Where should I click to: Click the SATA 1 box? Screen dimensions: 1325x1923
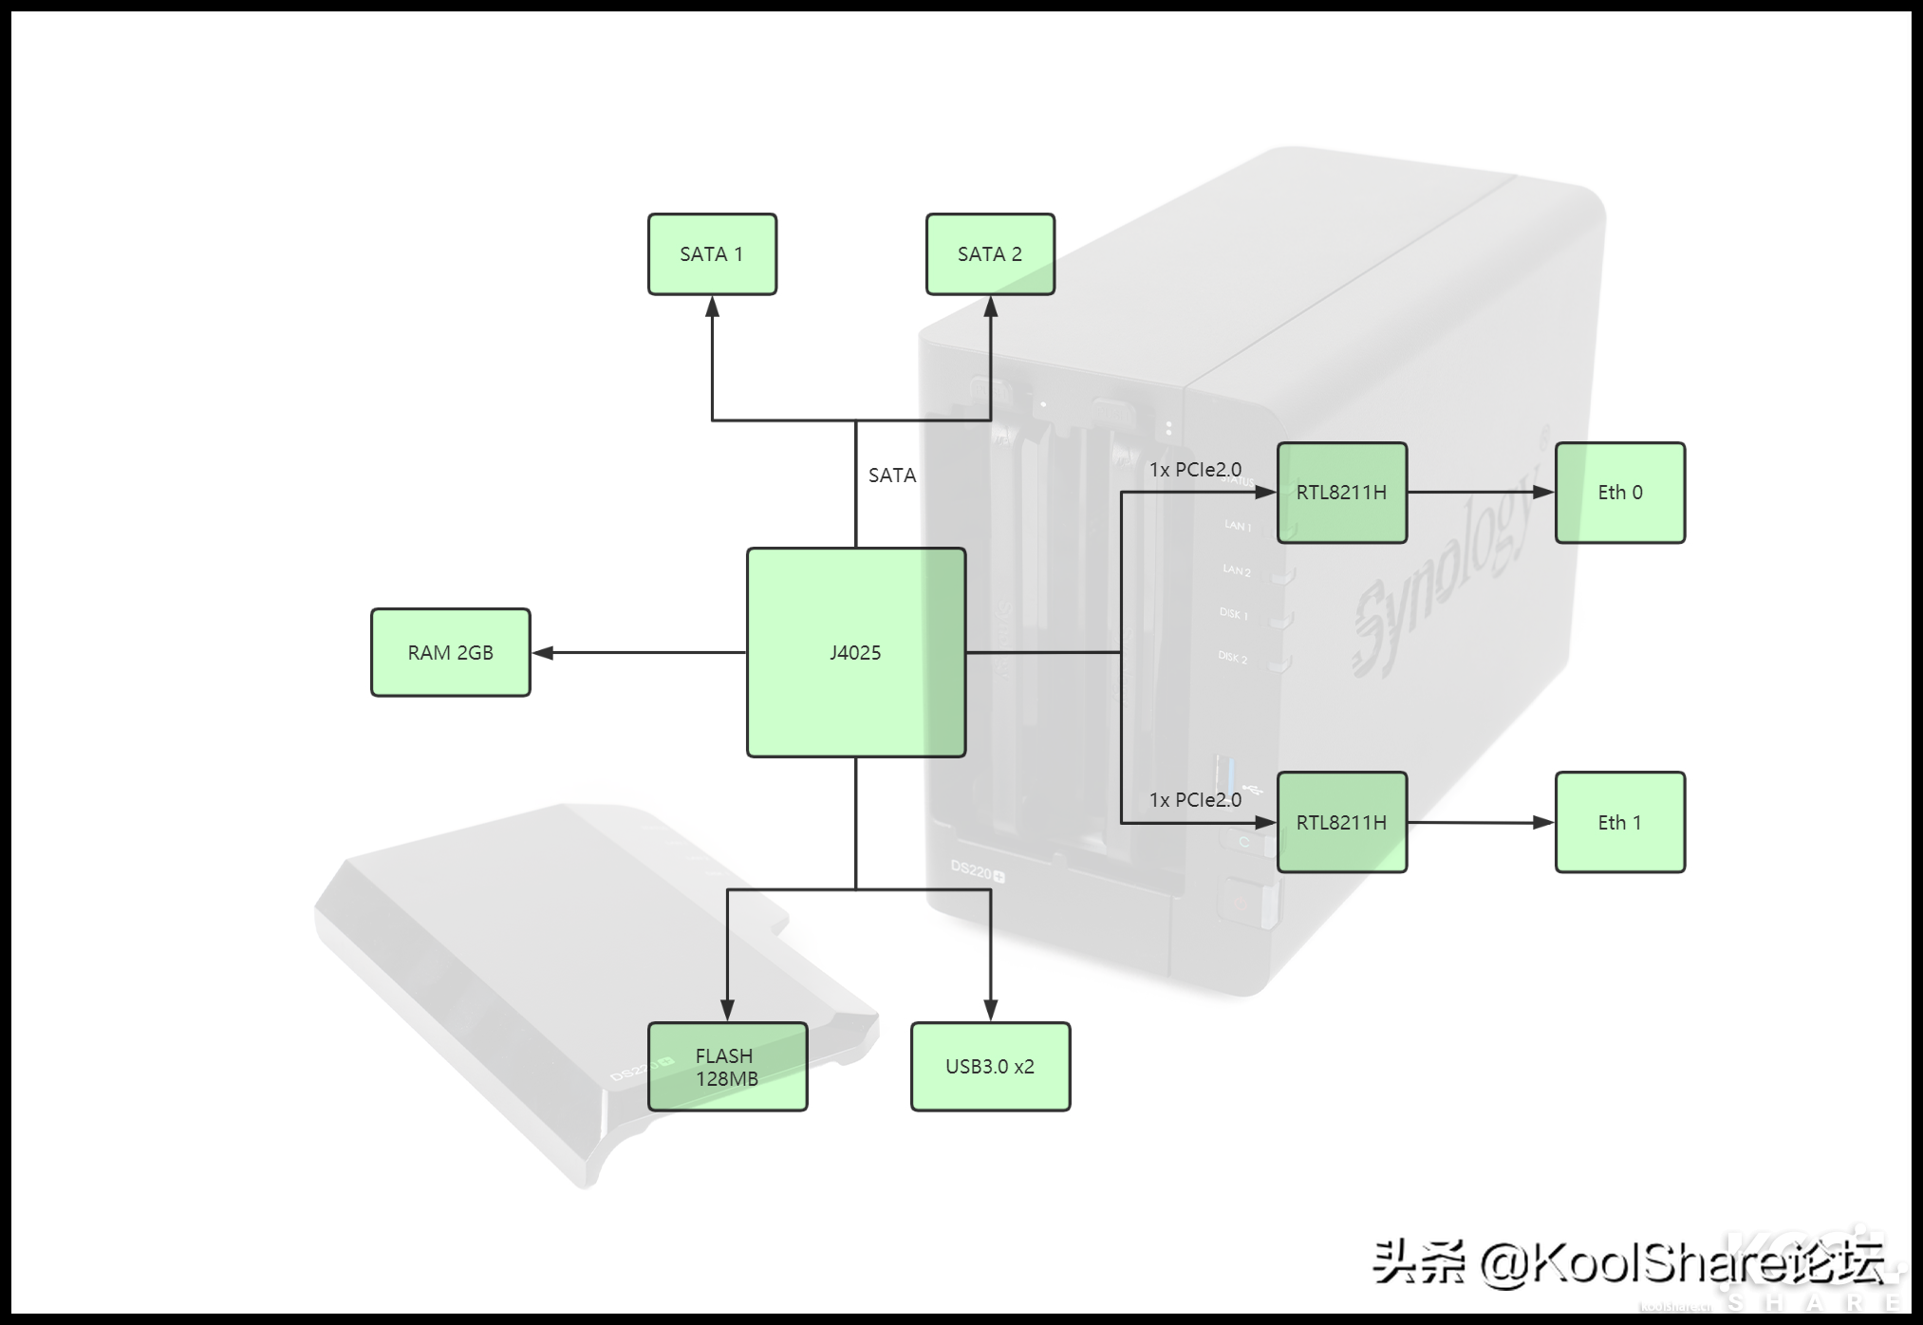[712, 254]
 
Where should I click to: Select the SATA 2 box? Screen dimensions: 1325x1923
[990, 254]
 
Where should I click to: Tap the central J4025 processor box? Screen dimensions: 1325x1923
[855, 652]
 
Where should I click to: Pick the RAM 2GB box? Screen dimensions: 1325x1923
[450, 652]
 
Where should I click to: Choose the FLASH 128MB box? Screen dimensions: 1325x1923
[727, 1067]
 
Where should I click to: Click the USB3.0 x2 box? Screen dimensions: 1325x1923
[990, 1067]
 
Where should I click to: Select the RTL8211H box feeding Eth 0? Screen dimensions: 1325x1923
[1341, 493]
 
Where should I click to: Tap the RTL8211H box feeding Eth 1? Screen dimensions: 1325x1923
[1341, 822]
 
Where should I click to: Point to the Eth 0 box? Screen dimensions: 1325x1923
[1619, 493]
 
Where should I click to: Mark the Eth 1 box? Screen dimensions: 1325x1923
[1619, 822]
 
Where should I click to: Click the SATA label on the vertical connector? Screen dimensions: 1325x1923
[892, 476]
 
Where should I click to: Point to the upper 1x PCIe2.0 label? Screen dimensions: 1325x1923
[1195, 470]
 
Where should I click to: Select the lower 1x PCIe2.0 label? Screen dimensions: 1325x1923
[1195, 800]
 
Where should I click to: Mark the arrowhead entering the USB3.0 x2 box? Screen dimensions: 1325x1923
[990, 1009]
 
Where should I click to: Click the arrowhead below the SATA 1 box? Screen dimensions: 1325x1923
[712, 308]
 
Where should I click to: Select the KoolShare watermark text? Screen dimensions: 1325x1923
[1628, 1263]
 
